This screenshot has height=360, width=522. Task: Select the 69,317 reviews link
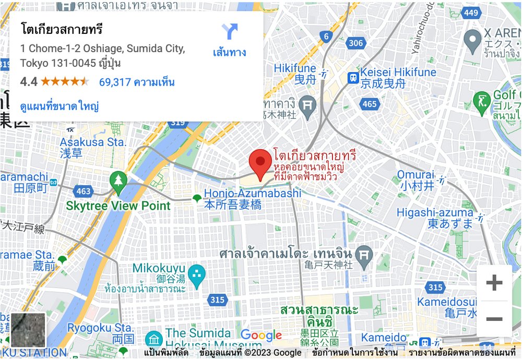click(x=137, y=82)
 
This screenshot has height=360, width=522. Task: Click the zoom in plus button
click(x=494, y=283)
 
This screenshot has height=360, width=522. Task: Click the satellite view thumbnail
click(x=28, y=330)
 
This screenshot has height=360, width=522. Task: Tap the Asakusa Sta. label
click(x=93, y=142)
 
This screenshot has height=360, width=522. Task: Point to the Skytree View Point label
click(x=118, y=206)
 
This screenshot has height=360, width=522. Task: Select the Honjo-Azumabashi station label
click(x=253, y=194)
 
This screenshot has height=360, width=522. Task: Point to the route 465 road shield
click(x=369, y=104)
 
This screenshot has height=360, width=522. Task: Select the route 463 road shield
click(x=83, y=191)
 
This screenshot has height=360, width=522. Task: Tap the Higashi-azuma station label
click(x=435, y=212)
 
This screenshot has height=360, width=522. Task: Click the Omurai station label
click(x=416, y=174)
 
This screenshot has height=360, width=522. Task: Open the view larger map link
click(x=60, y=106)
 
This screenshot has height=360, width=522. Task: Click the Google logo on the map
click(x=261, y=335)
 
